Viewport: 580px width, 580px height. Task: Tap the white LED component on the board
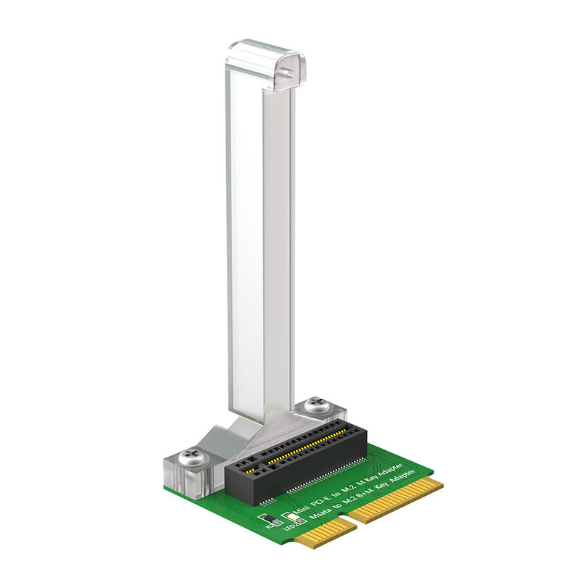click(x=294, y=517)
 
